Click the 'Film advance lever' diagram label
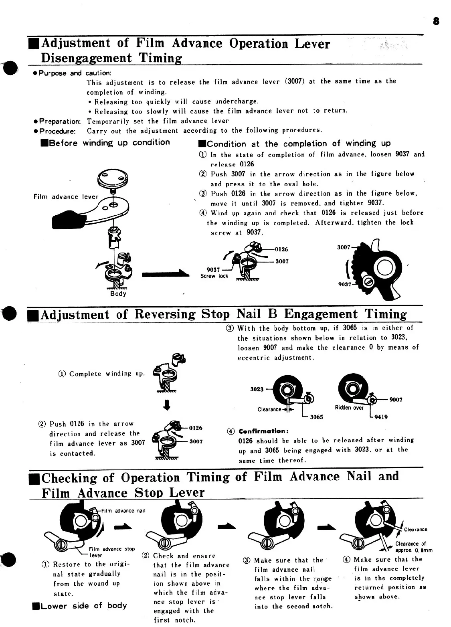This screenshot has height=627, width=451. [66, 197]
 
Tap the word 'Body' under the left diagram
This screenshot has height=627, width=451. [118, 293]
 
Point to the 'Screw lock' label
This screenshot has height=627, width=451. [214, 276]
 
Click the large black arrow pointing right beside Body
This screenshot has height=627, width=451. [165, 273]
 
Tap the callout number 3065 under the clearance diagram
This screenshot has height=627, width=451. [317, 417]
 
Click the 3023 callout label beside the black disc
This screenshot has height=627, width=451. [257, 389]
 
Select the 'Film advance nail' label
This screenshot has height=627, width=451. [123, 511]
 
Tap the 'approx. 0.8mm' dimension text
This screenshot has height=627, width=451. [414, 550]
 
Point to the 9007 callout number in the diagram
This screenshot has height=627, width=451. [396, 400]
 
